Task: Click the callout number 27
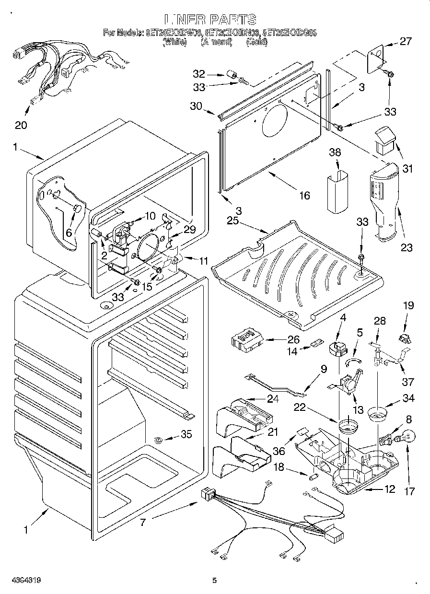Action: [406, 41]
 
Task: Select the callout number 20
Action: [21, 126]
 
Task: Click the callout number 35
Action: [186, 434]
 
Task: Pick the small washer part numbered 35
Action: [158, 439]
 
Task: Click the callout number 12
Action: [389, 489]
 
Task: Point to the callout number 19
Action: [408, 305]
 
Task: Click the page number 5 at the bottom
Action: [215, 581]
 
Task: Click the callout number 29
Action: [190, 230]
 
